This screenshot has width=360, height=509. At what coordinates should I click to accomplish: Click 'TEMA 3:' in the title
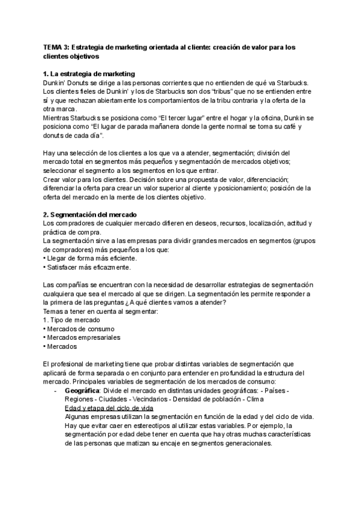(59, 46)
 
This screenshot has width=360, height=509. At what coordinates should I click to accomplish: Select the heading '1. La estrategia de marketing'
(89, 74)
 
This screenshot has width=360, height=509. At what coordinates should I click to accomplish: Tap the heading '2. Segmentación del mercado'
(90, 215)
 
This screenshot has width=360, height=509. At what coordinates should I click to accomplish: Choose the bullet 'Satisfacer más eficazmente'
(87, 267)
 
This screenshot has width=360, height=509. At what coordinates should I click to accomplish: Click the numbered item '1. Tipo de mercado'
(71, 320)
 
